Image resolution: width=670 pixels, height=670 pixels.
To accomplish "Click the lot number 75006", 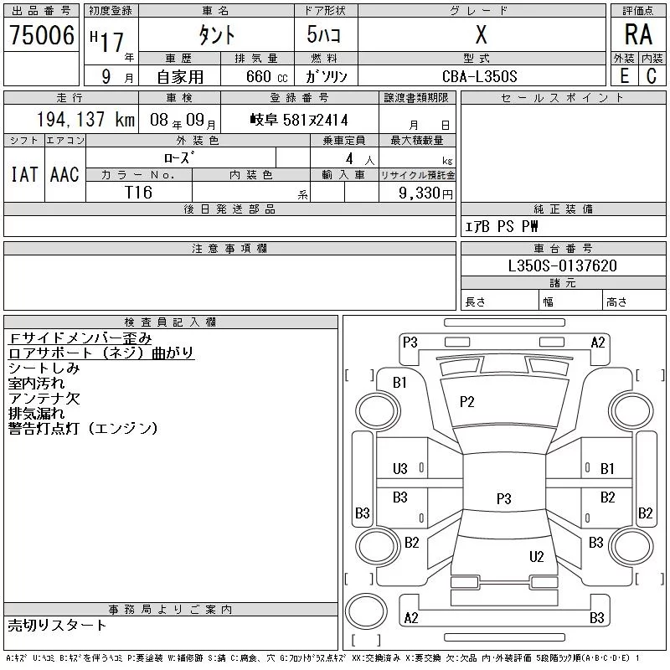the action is [42, 35].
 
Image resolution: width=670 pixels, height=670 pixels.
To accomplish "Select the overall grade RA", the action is [638, 34].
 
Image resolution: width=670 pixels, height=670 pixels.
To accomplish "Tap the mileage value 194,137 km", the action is [85, 119].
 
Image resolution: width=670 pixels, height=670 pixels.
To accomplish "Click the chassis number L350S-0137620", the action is [562, 265].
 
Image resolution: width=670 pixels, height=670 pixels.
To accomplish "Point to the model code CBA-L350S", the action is [479, 76].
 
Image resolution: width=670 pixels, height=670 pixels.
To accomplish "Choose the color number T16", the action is [138, 193].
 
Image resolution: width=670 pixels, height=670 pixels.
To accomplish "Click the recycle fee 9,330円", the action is [425, 193].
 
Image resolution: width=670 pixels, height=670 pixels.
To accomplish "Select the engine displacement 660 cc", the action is [266, 76].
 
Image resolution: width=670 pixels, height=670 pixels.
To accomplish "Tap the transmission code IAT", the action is [24, 174].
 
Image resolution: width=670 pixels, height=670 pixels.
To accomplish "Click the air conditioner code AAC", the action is [64, 174].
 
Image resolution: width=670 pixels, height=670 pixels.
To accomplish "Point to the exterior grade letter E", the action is [624, 76].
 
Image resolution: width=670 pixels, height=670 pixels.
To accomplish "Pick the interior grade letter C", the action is [652, 76].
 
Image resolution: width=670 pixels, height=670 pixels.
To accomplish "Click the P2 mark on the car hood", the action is [467, 402].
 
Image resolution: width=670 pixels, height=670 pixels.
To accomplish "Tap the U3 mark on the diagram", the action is [400, 469].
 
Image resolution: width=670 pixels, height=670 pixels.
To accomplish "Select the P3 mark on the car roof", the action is [504, 498].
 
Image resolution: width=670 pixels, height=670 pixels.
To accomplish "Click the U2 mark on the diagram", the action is [537, 556].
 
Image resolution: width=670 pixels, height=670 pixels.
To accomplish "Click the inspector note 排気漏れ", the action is [36, 413].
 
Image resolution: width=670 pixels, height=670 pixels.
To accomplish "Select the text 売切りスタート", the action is [57, 625].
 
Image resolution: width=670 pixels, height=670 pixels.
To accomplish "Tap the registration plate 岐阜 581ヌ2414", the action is [299, 120].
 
